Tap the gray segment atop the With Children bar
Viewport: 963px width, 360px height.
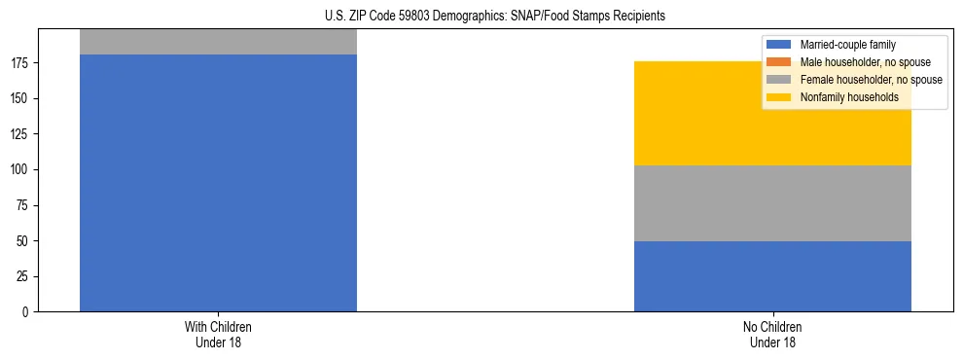tap(218, 42)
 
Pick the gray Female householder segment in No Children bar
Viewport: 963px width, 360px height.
tap(772, 203)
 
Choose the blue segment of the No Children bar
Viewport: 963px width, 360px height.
tap(772, 276)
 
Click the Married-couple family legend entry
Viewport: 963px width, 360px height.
tap(847, 45)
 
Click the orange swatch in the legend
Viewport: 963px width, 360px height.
tap(779, 62)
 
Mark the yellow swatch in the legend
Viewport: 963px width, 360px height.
tap(779, 97)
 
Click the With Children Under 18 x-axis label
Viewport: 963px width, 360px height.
tap(218, 335)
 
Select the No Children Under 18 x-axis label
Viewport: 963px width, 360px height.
tap(772, 335)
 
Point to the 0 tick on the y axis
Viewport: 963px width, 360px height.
tap(29, 312)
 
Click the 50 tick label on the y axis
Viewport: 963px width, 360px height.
tap(26, 241)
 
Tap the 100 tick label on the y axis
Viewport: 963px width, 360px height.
tap(23, 170)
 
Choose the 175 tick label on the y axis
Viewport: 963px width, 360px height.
tap(23, 63)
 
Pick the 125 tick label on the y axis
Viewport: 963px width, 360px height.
tap(23, 134)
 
